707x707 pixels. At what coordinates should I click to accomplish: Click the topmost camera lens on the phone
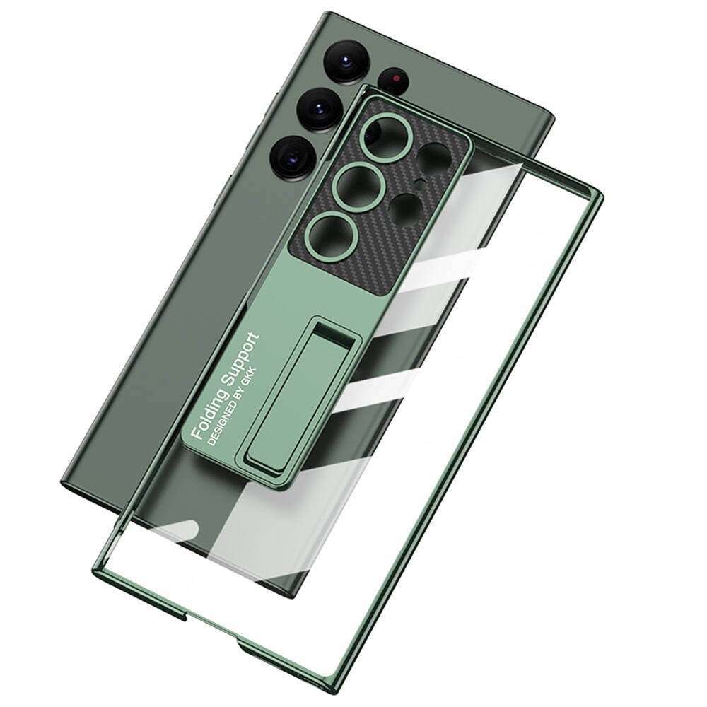point(346,61)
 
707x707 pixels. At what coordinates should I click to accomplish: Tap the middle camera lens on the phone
point(320,109)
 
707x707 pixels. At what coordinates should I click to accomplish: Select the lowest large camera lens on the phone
point(293,158)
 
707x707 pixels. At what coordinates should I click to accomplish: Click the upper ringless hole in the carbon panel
point(434,158)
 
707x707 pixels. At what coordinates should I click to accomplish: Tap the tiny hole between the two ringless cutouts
point(420,185)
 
